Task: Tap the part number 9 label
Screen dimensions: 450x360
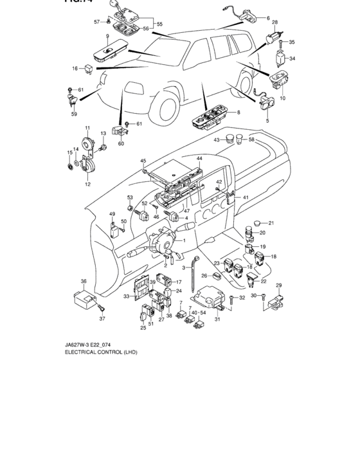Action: tap(107, 37)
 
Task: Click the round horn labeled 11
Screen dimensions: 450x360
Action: tap(84, 147)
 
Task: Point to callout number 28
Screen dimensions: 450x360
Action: tap(274, 22)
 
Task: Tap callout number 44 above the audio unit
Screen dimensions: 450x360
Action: tap(199, 158)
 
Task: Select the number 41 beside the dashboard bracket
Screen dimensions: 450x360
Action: tap(245, 197)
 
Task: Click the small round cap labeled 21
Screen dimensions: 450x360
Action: tap(253, 224)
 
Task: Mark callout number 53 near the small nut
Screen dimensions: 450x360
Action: tap(129, 197)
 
